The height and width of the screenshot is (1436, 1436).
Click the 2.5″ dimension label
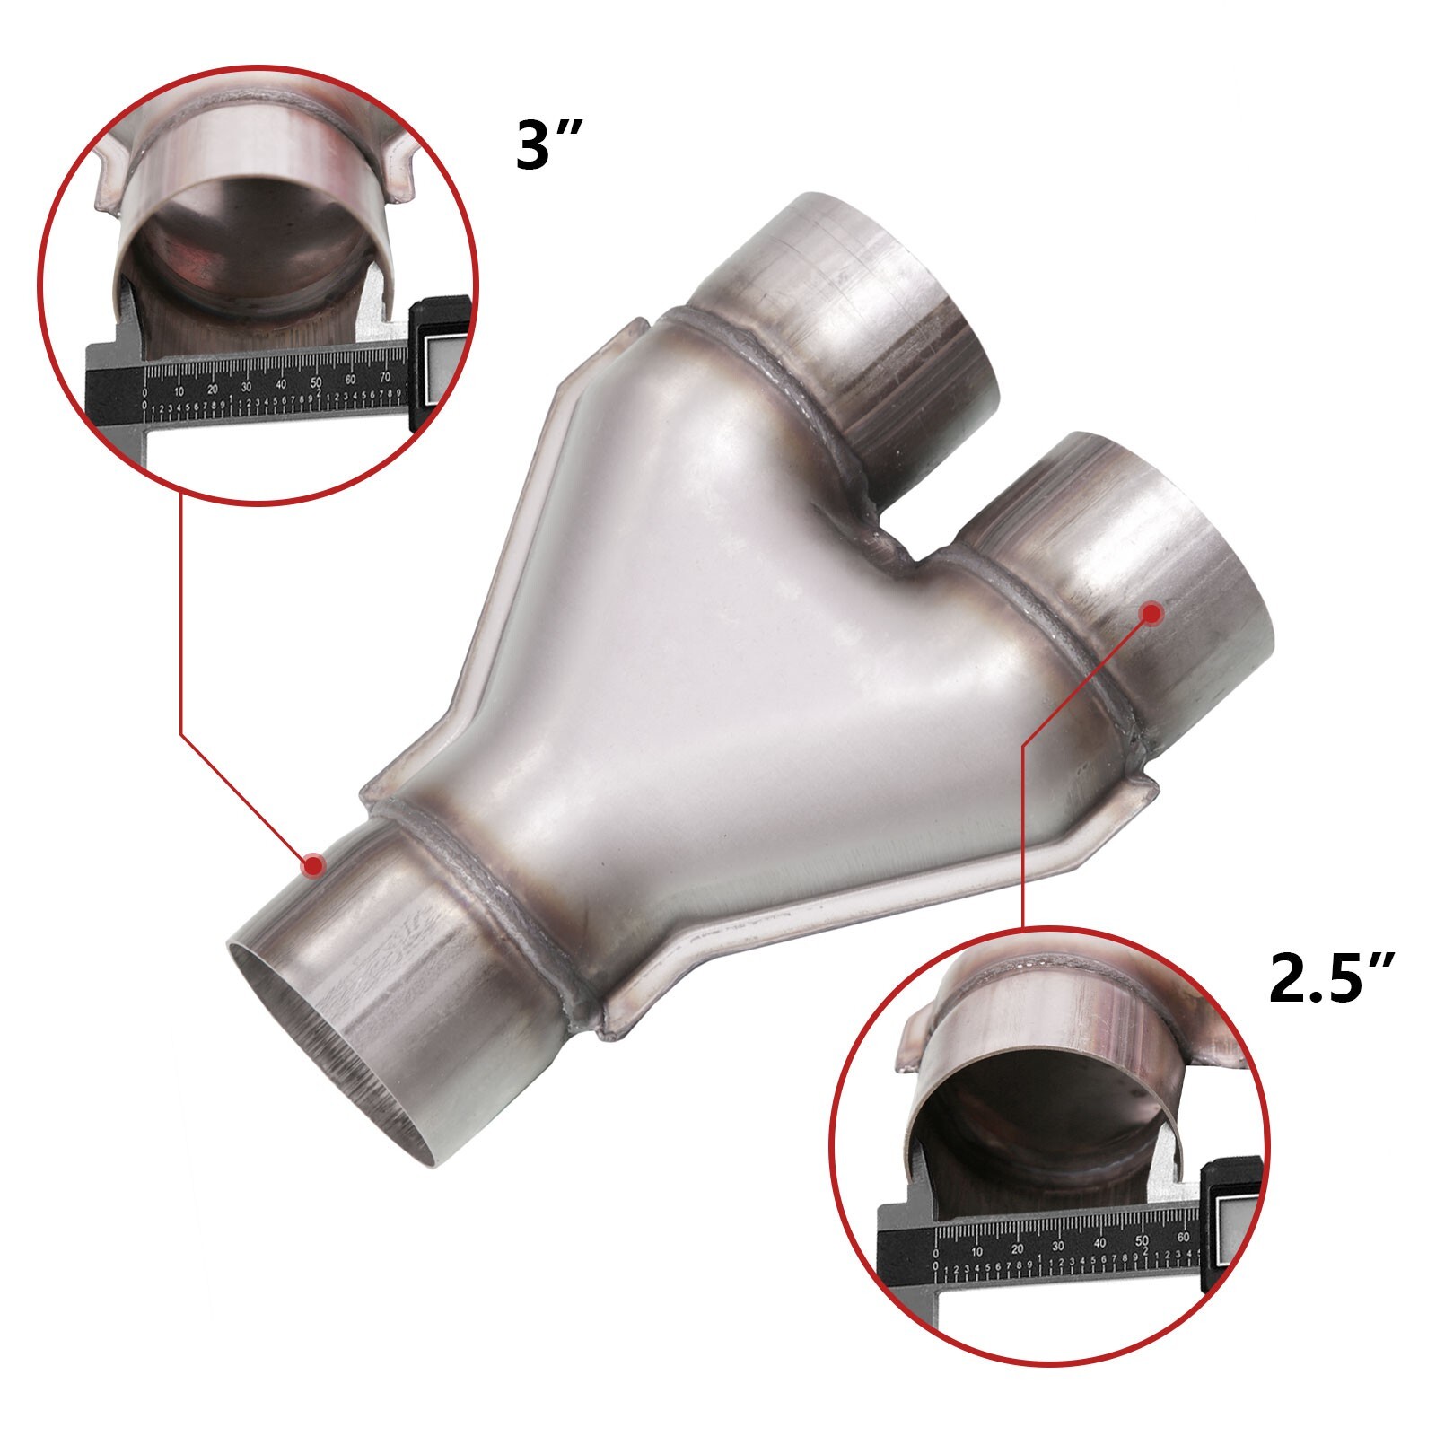coord(1332,980)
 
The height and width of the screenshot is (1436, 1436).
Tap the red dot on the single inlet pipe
coord(313,865)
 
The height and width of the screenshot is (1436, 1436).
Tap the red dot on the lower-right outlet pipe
coord(1151,613)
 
